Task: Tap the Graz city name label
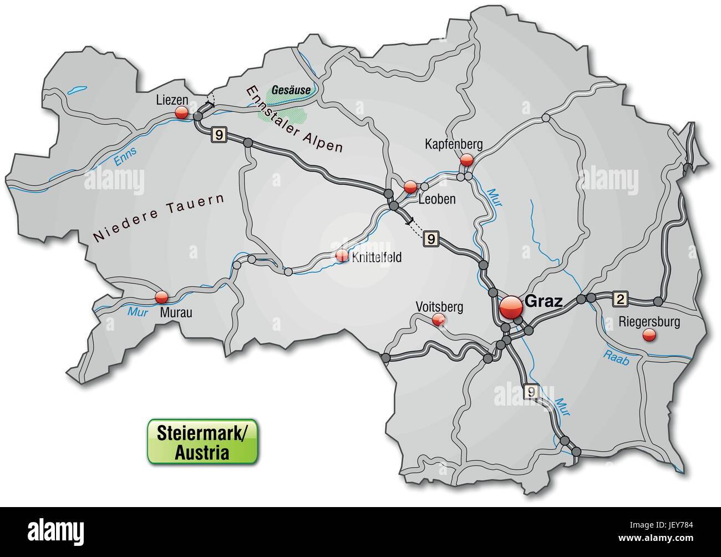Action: (x=543, y=302)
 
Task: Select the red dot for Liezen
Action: (x=181, y=113)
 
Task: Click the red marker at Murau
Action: (x=161, y=297)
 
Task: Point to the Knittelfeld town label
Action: (x=375, y=257)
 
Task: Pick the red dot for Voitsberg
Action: (x=438, y=319)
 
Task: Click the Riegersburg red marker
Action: (x=648, y=335)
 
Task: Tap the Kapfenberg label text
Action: (x=453, y=144)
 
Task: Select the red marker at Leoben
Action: (x=410, y=187)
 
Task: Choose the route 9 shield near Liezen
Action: (x=219, y=134)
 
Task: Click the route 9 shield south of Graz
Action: (x=531, y=391)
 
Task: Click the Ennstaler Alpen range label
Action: (x=294, y=119)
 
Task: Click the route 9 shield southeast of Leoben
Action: (x=431, y=239)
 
